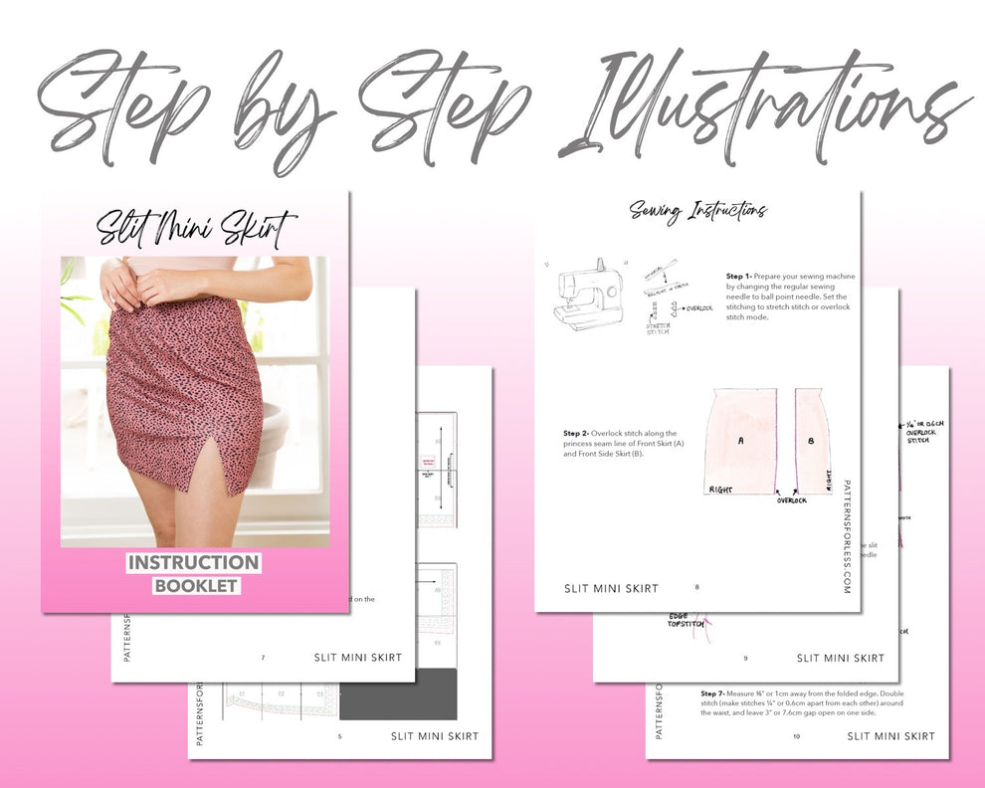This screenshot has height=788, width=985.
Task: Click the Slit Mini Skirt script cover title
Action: tap(196, 226)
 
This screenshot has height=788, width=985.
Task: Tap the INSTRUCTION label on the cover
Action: tap(194, 563)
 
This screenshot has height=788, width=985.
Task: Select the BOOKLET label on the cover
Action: tap(195, 586)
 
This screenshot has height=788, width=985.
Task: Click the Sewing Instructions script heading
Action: tap(697, 210)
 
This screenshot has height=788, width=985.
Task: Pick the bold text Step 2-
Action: tap(576, 434)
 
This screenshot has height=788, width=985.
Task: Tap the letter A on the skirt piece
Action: tap(740, 439)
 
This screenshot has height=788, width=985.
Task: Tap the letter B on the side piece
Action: tap(811, 439)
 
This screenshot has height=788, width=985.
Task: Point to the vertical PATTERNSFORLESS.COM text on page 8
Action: tap(846, 533)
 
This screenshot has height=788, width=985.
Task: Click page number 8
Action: tap(696, 587)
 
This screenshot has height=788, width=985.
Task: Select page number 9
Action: tap(745, 658)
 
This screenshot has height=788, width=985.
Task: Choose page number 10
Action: tap(796, 736)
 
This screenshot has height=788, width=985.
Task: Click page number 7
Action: tap(263, 658)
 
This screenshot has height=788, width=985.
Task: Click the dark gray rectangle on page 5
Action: tap(398, 693)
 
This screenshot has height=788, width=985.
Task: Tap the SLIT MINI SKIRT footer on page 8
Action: tap(610, 588)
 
